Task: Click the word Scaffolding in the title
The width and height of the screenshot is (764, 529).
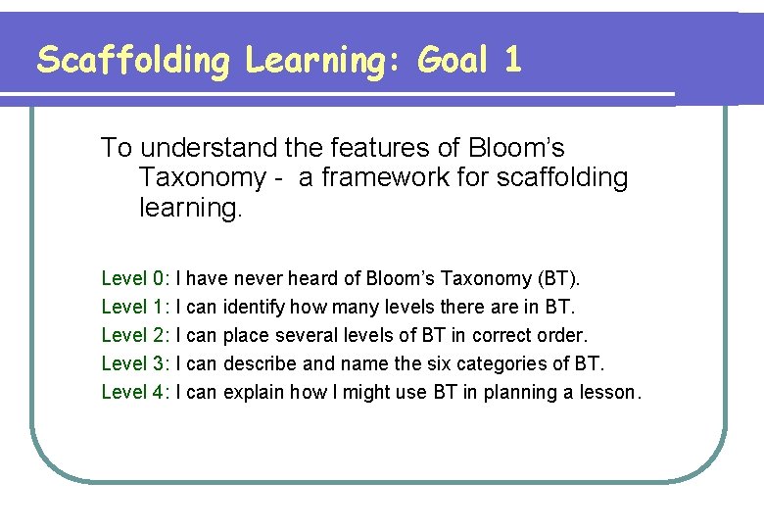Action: click(132, 61)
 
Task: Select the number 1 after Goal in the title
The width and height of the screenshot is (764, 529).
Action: click(512, 61)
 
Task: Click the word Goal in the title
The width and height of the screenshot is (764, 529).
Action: click(453, 61)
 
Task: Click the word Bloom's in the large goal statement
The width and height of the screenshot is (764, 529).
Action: click(517, 148)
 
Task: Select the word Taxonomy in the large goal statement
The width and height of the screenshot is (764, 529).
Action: click(202, 178)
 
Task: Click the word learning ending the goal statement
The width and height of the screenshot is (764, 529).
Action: click(189, 209)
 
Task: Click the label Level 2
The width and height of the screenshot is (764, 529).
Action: click(136, 336)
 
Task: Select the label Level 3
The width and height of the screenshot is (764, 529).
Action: click(136, 364)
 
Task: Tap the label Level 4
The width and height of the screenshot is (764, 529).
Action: click(136, 393)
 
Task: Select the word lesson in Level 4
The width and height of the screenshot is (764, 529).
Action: click(613, 393)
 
